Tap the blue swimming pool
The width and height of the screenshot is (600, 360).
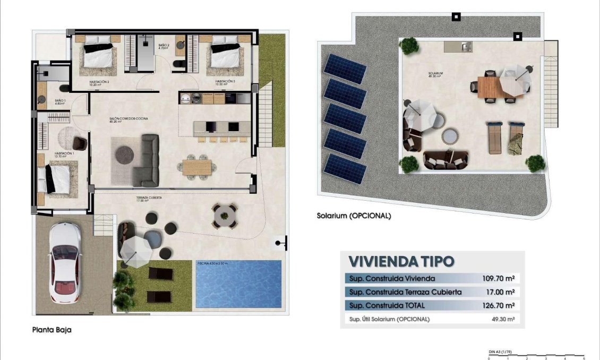tap(238, 284)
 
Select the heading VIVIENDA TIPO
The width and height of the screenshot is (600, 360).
tap(401, 261)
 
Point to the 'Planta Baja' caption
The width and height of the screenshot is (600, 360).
tap(52, 330)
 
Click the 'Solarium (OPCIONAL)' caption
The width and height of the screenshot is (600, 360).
tap(354, 216)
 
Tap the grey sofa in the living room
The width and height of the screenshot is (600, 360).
tap(146, 159)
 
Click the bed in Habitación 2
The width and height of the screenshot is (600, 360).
tap(99, 53)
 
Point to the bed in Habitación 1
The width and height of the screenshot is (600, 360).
tap(57, 178)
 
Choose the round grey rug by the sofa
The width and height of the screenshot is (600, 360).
tap(125, 154)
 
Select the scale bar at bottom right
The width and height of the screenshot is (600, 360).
tap(536, 355)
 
